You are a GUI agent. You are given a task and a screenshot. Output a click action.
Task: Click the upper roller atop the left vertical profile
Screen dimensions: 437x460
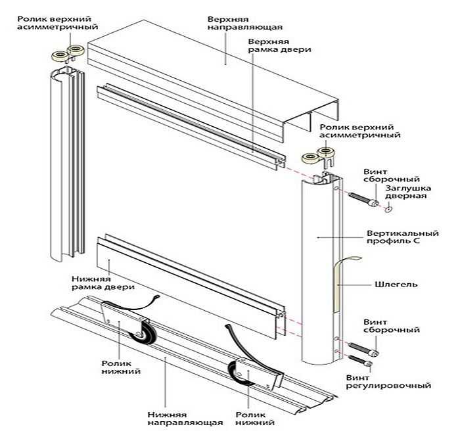(66, 55)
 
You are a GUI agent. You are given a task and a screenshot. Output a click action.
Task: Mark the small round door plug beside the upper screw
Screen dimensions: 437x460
(388, 209)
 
